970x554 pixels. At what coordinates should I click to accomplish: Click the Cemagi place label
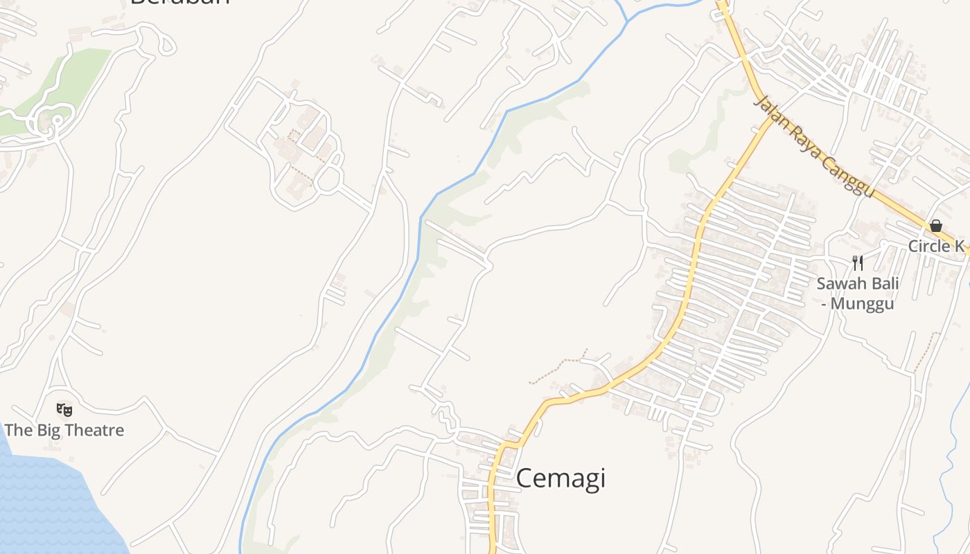[x=561, y=479]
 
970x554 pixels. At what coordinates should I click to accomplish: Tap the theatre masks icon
[x=64, y=409]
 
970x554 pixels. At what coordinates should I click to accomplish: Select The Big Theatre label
[x=64, y=430]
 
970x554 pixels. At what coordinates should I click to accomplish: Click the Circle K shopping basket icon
[x=935, y=226]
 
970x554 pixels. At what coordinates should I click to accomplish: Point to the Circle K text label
[x=936, y=247]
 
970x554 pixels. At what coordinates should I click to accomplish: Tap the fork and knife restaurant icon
[x=858, y=263]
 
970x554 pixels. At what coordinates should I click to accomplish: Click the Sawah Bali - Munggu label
[x=858, y=294]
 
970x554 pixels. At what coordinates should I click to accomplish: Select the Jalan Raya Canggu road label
[x=813, y=148]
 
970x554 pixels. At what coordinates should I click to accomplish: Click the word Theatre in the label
[x=93, y=430]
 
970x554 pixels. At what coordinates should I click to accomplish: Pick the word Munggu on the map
[x=862, y=304]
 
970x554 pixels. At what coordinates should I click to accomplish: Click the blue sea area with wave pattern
[x=48, y=506]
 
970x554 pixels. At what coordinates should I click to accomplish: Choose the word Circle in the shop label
[x=928, y=247]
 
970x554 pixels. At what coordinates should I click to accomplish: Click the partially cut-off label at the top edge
[x=179, y=2]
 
